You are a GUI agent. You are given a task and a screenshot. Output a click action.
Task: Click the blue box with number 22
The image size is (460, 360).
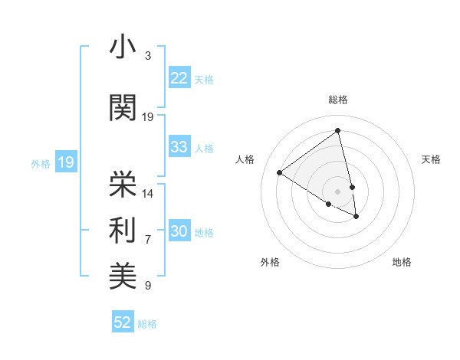tap(179, 78)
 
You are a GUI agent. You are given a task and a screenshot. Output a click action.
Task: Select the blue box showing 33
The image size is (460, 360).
tap(179, 147)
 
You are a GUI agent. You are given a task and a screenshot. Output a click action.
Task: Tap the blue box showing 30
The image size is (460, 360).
tap(179, 231)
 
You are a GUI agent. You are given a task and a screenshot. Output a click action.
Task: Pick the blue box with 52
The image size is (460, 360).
tap(123, 322)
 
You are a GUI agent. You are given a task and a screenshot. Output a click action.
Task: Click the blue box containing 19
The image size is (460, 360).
tap(65, 162)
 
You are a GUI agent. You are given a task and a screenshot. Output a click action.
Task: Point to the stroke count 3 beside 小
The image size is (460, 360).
tap(148, 57)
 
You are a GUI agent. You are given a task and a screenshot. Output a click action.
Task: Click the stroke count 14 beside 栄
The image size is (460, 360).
tap(148, 193)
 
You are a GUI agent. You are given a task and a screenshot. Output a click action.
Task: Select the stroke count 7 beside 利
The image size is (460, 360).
tap(148, 240)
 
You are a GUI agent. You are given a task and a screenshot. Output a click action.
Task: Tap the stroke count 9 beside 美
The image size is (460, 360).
tap(148, 286)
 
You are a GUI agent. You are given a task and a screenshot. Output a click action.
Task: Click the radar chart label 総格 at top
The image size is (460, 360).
tap(337, 100)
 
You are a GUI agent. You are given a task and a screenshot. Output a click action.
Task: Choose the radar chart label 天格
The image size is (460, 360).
tap(431, 159)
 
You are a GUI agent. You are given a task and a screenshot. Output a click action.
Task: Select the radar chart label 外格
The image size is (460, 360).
tap(270, 262)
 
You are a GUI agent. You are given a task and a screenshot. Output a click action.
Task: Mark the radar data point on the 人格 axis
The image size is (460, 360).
tap(280, 172)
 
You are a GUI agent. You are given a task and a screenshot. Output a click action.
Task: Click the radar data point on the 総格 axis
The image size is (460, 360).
tap(337, 131)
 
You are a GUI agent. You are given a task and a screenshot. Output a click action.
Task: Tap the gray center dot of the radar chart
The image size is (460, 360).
tap(337, 191)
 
